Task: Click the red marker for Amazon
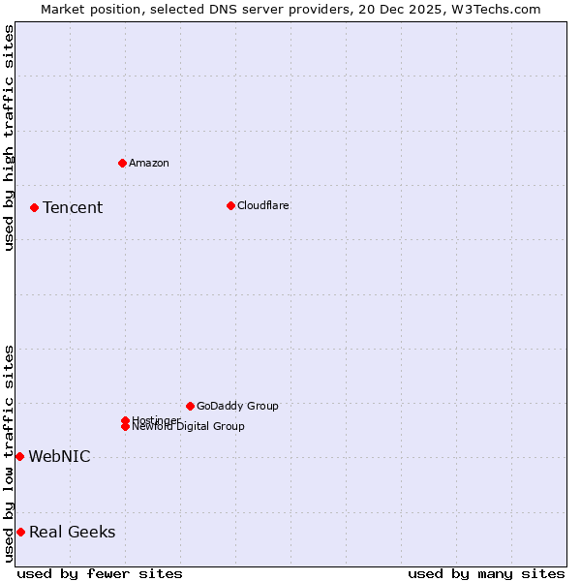[x=122, y=163]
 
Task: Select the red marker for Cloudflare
[x=230, y=205]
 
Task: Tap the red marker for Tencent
[x=34, y=207]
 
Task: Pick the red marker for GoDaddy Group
[x=190, y=406]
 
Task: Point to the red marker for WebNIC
[x=19, y=456]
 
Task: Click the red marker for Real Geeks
[x=20, y=532]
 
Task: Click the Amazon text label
[x=149, y=163]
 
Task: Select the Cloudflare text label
[x=263, y=205]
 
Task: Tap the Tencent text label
[x=73, y=207]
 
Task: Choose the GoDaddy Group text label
[x=237, y=406]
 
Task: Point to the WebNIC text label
[x=59, y=457]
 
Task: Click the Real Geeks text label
[x=72, y=532]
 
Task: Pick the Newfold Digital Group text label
[x=188, y=427]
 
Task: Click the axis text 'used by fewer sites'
[x=100, y=573]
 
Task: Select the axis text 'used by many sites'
[x=486, y=573]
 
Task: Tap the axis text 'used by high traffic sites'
[x=9, y=138]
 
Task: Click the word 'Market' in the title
[x=62, y=9]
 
